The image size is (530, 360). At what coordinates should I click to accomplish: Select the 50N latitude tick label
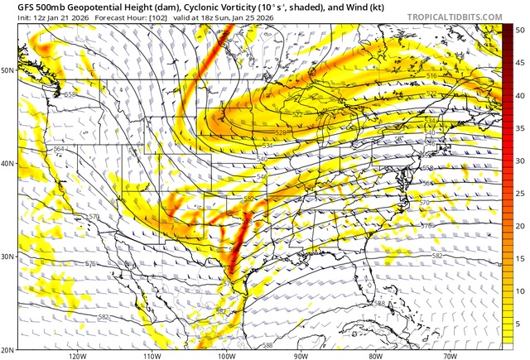[x=8, y=70]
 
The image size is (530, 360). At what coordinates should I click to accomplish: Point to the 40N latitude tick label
[x=8, y=163]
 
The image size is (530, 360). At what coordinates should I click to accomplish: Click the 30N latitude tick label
[x=8, y=257]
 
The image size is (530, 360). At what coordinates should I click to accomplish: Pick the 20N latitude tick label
[x=8, y=348]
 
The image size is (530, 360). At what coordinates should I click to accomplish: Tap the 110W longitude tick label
[x=152, y=356]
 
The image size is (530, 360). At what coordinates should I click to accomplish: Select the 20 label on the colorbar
[x=520, y=226]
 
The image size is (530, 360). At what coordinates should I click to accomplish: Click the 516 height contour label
[x=431, y=76]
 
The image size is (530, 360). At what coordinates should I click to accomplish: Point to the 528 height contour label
[x=280, y=132]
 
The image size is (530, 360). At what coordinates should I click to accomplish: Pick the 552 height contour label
[x=248, y=199]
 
